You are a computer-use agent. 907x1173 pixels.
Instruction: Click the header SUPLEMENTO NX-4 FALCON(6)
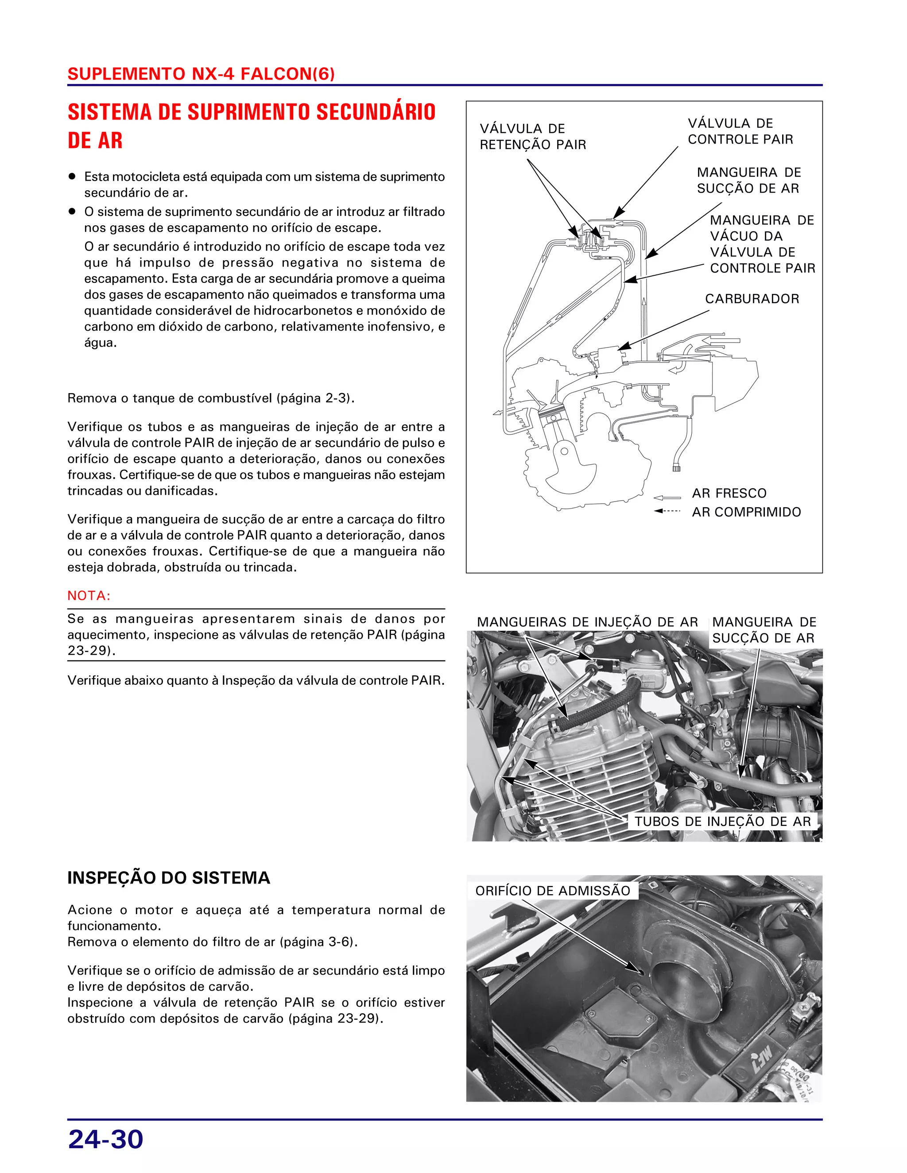click(x=201, y=74)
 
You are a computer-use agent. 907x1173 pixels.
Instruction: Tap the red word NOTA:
click(x=89, y=596)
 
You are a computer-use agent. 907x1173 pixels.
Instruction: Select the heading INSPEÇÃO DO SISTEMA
click(x=169, y=878)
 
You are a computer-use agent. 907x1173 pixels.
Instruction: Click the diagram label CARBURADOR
click(x=752, y=299)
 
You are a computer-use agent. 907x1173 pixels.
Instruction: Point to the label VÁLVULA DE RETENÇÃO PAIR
click(x=532, y=136)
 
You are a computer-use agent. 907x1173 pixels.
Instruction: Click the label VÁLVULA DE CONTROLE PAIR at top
click(x=740, y=131)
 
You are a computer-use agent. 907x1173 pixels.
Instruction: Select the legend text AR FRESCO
click(x=729, y=493)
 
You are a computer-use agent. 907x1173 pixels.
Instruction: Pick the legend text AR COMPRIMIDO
click(x=746, y=512)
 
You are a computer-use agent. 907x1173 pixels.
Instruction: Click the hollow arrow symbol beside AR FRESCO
click(x=667, y=498)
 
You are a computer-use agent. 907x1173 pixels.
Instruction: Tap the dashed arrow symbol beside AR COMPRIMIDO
click(x=667, y=511)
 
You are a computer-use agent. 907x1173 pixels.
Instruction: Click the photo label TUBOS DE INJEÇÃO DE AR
click(x=722, y=821)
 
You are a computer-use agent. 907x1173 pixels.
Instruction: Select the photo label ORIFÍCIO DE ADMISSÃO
click(x=552, y=891)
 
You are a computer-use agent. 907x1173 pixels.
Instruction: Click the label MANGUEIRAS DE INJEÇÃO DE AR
click(x=587, y=622)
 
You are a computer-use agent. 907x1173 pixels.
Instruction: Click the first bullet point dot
click(x=71, y=176)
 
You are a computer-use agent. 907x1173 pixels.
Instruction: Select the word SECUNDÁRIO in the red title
click(x=376, y=112)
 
